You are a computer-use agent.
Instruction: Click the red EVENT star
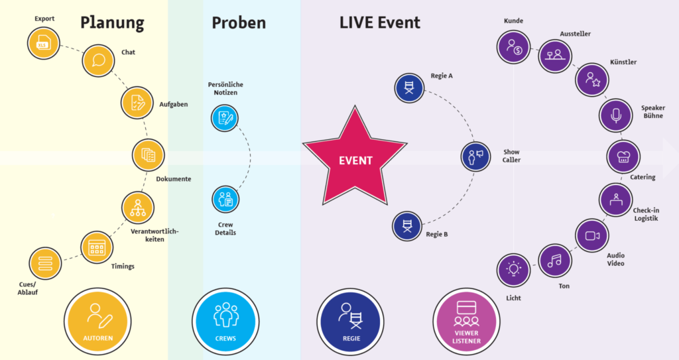pyautogui.click(x=355, y=160)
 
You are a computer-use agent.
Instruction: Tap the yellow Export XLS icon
pyautogui.click(x=44, y=44)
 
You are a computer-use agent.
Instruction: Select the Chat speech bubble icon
pyautogui.click(x=99, y=61)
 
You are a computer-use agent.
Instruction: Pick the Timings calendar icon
pyautogui.click(x=97, y=248)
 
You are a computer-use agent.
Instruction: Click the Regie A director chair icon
pyautogui.click(x=409, y=88)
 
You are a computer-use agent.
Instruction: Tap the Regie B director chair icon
pyautogui.click(x=407, y=225)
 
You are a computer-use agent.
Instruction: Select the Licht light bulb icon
pyautogui.click(x=513, y=269)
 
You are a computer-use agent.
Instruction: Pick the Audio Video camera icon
pyautogui.click(x=591, y=235)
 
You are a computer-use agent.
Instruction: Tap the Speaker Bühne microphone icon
pyautogui.click(x=616, y=115)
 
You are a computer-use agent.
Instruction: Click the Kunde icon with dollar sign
pyautogui.click(x=513, y=46)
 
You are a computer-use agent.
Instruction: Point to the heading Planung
pyautogui.click(x=112, y=23)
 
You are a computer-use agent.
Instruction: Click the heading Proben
pyautogui.click(x=239, y=23)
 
